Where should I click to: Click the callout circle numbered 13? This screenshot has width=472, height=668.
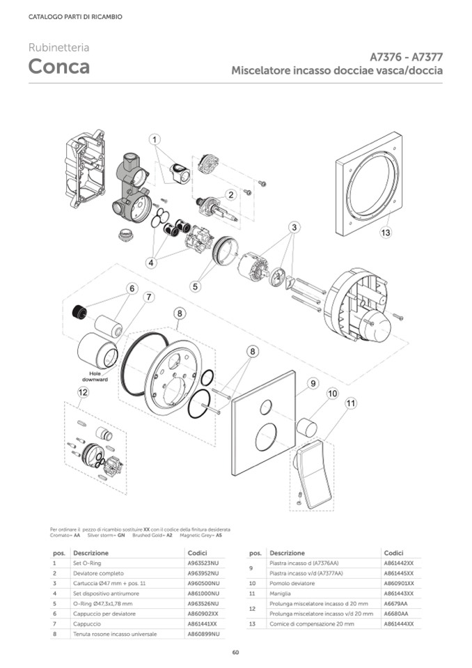pyautogui.click(x=386, y=233)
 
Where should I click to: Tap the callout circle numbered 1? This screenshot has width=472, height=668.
pyautogui.click(x=155, y=139)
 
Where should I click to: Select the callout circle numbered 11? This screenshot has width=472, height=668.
pyautogui.click(x=350, y=403)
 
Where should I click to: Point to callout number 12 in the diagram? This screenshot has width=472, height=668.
pyautogui.click(x=84, y=392)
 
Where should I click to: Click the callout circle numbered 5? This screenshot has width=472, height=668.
pyautogui.click(x=196, y=286)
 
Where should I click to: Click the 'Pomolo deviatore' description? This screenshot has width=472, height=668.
pyautogui.click(x=288, y=583)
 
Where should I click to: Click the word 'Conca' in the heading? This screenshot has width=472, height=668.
pyautogui.click(x=58, y=67)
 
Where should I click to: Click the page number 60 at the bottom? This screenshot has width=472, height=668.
pyautogui.click(x=236, y=652)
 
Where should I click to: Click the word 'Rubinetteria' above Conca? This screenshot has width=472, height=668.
pyautogui.click(x=58, y=48)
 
